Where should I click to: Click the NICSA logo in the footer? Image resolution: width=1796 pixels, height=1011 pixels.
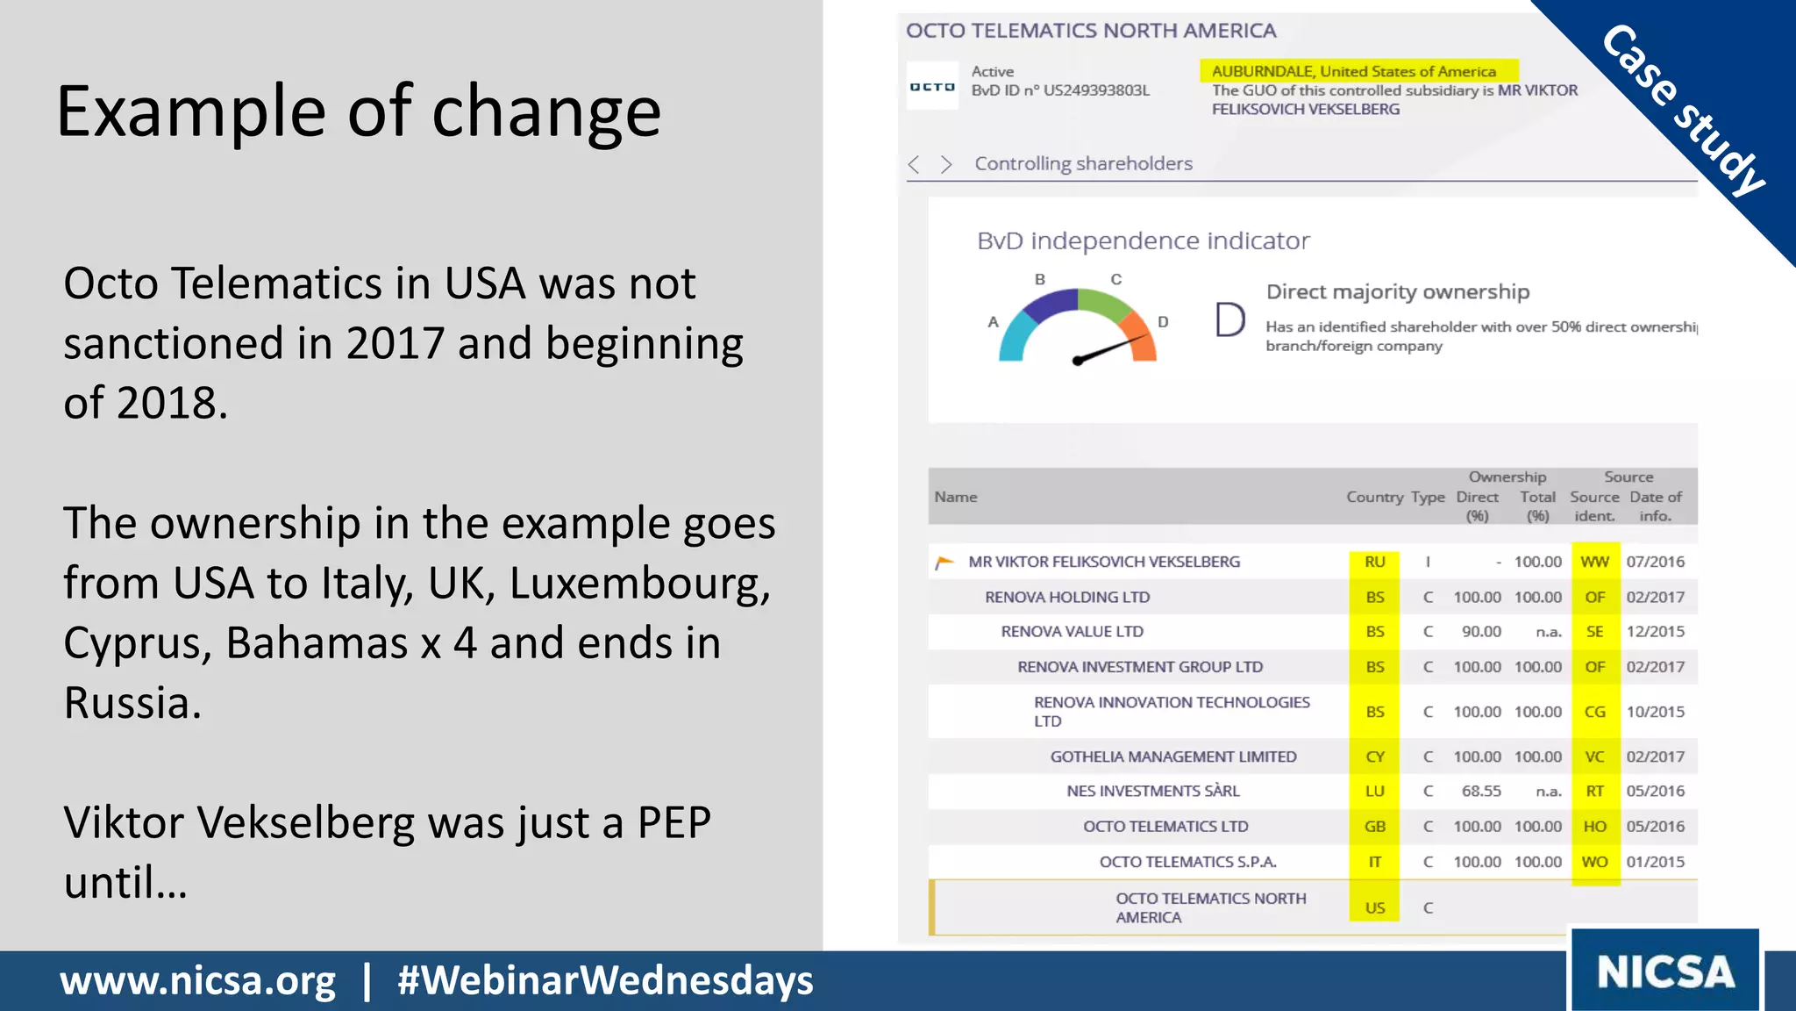pyautogui.click(x=1664, y=972)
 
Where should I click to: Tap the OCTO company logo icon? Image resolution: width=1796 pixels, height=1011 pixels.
pyautogui.click(x=931, y=86)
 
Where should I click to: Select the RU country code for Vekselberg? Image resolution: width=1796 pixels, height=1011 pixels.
pyautogui.click(x=1374, y=562)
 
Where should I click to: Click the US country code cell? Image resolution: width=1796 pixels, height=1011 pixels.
pyautogui.click(x=1374, y=907)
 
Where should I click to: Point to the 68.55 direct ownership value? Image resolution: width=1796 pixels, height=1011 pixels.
pyautogui.click(x=1480, y=791)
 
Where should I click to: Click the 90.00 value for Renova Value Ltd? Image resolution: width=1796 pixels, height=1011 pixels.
pyautogui.click(x=1480, y=632)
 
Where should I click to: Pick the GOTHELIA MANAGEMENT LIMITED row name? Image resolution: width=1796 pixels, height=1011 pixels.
pyautogui.click(x=1172, y=756)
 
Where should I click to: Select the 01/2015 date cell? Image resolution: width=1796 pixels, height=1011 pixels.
pyautogui.click(x=1655, y=862)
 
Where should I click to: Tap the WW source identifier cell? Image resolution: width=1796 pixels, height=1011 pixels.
pyautogui.click(x=1594, y=562)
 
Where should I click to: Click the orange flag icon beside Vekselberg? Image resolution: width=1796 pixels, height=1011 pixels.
pyautogui.click(x=944, y=563)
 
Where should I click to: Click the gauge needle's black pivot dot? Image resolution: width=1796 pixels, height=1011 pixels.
pyautogui.click(x=1078, y=361)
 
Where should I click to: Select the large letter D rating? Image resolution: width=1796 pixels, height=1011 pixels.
pyautogui.click(x=1229, y=319)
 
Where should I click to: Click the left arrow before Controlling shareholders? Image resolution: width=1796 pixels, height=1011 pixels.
pyautogui.click(x=914, y=164)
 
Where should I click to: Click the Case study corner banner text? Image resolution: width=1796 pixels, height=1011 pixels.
pyautogui.click(x=1682, y=110)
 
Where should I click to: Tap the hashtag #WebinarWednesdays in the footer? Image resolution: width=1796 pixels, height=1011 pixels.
pyautogui.click(x=605, y=980)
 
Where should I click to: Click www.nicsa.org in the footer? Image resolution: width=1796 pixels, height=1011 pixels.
pyautogui.click(x=197, y=980)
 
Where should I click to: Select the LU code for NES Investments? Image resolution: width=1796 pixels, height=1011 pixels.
pyautogui.click(x=1374, y=791)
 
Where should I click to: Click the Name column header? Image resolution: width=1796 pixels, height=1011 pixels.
pyautogui.click(x=955, y=497)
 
